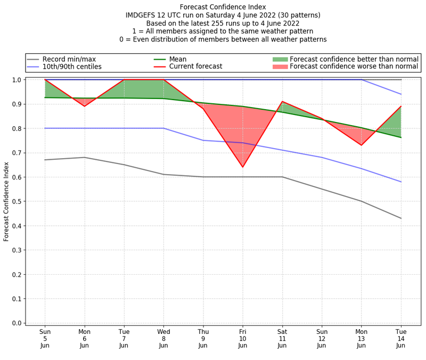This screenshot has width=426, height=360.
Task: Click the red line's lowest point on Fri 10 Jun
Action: coord(243,167)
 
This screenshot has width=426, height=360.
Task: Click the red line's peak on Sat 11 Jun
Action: coord(282,101)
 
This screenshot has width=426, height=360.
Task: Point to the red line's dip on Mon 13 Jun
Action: coord(362,145)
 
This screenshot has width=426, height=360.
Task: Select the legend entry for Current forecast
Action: coord(195,67)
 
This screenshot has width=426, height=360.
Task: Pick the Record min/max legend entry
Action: coord(69,59)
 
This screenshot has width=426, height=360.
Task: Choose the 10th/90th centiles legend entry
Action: coord(71,67)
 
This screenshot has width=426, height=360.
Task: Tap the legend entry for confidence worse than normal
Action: coord(354,67)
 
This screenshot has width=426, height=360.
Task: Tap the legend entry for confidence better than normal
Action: coord(354,59)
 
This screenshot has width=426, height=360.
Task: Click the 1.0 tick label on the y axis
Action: coord(17,80)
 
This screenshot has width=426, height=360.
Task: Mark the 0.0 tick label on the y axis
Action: coord(17,323)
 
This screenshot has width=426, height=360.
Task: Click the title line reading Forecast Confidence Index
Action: coord(223,7)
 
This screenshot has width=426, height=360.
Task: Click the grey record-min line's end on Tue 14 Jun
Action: coord(401,218)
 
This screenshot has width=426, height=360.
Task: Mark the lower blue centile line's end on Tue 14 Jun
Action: coord(401,182)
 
